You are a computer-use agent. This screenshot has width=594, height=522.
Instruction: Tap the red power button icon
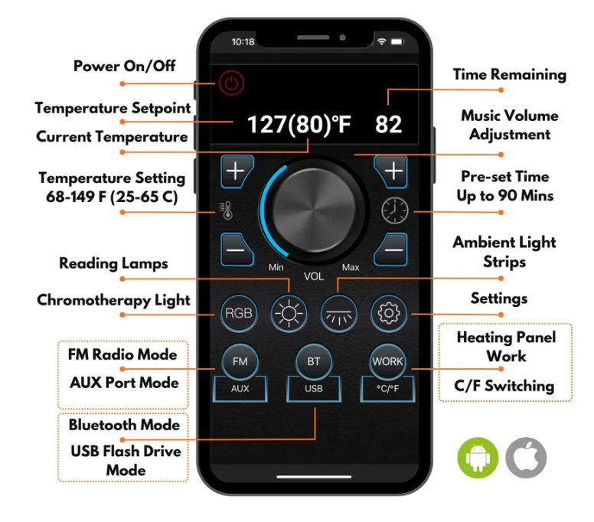tap(231, 83)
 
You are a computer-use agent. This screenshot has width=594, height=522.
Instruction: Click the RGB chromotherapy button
tap(239, 313)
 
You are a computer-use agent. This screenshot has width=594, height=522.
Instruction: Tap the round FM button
tap(240, 361)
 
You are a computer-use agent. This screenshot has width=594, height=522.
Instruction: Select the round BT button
tap(314, 361)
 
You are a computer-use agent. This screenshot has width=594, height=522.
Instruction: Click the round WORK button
tap(387, 361)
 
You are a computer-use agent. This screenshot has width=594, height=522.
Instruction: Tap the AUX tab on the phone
tap(240, 389)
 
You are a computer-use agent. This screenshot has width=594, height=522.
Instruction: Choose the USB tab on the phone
tap(314, 389)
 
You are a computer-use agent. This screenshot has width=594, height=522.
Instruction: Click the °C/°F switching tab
tap(387, 389)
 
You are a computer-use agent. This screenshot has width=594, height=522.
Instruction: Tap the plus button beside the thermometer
tap(237, 171)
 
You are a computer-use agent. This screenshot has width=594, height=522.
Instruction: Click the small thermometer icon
tap(227, 210)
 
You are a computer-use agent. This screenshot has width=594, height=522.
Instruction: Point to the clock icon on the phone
tap(395, 210)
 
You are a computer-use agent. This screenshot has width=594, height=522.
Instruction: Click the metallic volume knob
tap(314, 210)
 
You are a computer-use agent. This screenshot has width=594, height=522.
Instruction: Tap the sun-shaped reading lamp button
tap(289, 313)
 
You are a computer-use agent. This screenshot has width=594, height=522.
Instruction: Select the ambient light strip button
tap(338, 313)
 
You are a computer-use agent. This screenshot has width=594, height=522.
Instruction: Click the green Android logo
tap(478, 458)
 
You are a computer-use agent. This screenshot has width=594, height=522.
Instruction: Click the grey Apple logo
tap(526, 458)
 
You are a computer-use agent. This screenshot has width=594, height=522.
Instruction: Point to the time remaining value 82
tap(388, 125)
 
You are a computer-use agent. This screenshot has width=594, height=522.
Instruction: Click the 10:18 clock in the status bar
tap(243, 41)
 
